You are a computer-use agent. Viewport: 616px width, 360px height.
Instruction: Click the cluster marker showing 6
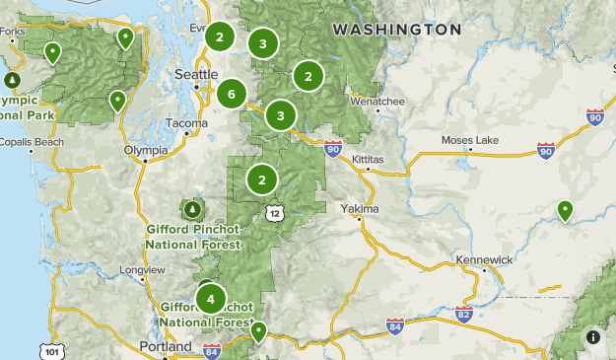point(232,94)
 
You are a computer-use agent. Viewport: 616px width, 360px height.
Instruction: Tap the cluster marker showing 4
point(210,298)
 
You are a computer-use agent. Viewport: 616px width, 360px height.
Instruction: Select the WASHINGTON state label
point(396,30)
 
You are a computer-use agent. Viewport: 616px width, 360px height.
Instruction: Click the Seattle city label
point(195,75)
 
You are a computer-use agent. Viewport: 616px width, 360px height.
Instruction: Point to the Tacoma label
point(186,123)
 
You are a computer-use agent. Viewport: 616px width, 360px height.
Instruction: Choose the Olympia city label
point(146,150)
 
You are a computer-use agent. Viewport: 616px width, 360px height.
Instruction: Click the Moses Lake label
point(471,140)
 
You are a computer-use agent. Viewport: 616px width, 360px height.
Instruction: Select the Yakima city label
point(359,209)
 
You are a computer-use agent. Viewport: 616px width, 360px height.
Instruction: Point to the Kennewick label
point(484,259)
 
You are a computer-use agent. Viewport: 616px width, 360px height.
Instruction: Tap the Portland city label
point(165,346)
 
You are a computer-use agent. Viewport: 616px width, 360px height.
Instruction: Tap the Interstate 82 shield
point(464,314)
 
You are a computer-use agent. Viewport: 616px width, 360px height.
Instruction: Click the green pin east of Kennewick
point(565,210)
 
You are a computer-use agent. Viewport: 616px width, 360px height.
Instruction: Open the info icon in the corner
point(593,337)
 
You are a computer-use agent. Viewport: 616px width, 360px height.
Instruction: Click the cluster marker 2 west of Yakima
point(262,180)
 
